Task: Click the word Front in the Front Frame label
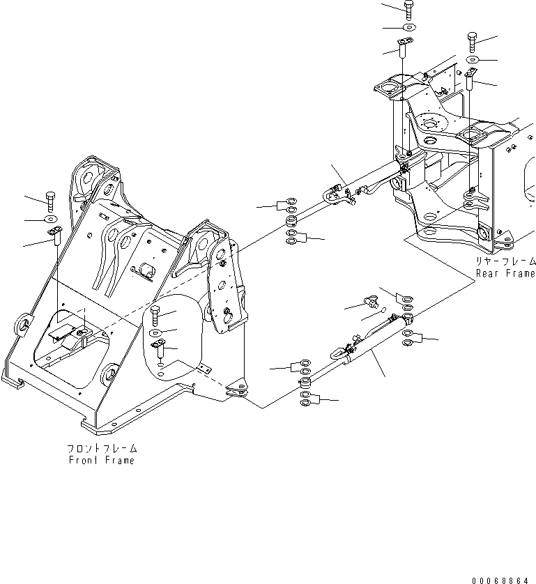click(84, 460)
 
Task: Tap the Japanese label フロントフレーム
click(102, 448)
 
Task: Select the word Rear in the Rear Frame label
click(489, 273)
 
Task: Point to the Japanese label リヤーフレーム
click(506, 261)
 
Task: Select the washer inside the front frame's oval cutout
click(156, 332)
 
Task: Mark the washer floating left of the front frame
click(52, 220)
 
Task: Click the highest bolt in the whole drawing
click(408, 9)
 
